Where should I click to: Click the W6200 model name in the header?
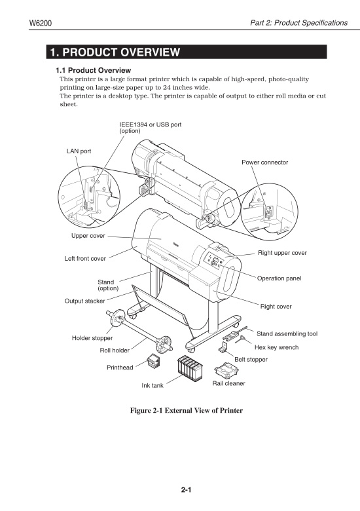pyautogui.click(x=41, y=24)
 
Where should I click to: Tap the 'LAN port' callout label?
pyautogui.click(x=79, y=151)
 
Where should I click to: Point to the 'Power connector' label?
pyautogui.click(x=264, y=162)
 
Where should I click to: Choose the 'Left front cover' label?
pyautogui.click(x=84, y=258)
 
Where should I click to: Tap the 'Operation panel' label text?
pyautogui.click(x=279, y=278)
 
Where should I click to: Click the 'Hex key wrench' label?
pyautogui.click(x=276, y=347)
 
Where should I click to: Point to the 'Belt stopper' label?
pyautogui.click(x=251, y=360)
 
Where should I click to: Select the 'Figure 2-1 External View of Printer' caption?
pyautogui.click(x=187, y=410)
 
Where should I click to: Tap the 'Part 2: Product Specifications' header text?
pyautogui.click(x=298, y=24)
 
